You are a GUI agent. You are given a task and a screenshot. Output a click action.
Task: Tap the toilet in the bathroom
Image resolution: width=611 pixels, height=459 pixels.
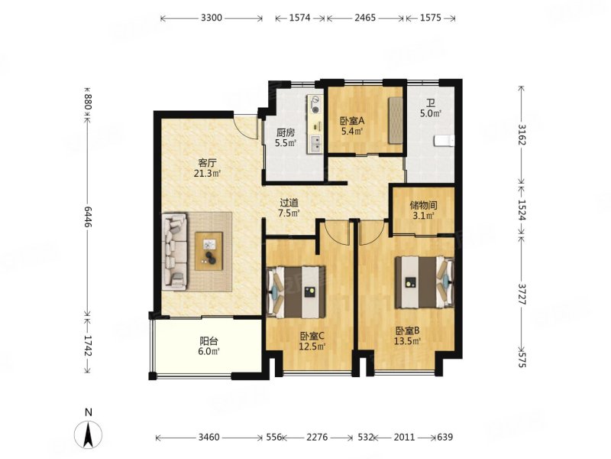coord(445,141)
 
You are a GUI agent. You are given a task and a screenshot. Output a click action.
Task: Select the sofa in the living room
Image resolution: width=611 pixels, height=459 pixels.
coord(174,252)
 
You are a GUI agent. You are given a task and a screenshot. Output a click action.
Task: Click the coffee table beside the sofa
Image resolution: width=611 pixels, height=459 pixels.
coord(209,251)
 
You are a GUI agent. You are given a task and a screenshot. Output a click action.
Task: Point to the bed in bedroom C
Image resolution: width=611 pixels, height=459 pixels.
coord(296,292)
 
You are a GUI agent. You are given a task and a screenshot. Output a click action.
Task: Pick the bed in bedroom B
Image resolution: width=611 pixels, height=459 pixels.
coord(425,282)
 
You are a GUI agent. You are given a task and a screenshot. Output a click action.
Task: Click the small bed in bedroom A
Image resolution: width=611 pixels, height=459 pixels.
coord(395,120)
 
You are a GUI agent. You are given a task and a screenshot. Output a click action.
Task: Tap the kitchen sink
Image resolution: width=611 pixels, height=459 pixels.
coord(315,144)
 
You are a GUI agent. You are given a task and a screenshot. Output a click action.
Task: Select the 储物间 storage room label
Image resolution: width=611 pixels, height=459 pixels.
coord(423,205)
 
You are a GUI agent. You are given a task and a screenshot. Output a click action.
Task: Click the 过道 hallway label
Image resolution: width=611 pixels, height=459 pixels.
coord(289,203)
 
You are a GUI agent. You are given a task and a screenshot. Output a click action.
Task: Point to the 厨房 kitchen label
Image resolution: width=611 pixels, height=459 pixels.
coord(286,132)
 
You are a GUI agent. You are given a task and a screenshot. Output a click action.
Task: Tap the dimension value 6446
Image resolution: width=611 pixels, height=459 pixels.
coord(88,217)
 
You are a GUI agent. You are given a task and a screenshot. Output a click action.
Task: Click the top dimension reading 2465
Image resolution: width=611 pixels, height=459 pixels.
coord(365,18)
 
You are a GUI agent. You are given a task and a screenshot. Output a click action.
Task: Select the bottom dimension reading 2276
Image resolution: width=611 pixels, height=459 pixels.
coord(317,437)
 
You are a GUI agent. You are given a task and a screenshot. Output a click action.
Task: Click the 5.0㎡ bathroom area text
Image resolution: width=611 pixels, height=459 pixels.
coord(431,114)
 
